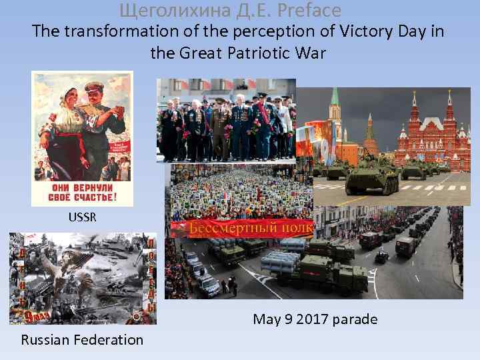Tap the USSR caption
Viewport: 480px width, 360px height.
coord(81,217)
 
